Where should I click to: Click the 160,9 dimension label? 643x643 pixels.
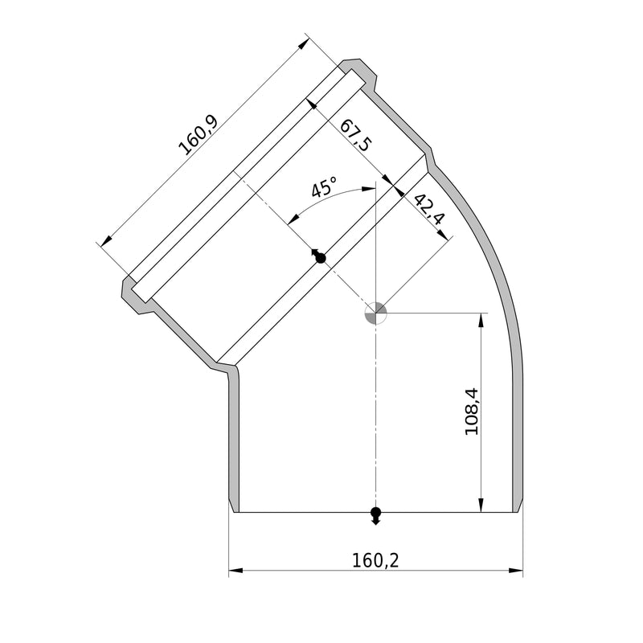pyautogui.click(x=199, y=135)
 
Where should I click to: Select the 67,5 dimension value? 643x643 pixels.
pyautogui.click(x=356, y=135)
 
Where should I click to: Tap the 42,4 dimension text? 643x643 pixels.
pyautogui.click(x=428, y=209)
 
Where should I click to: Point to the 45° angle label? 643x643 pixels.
pyautogui.click(x=324, y=187)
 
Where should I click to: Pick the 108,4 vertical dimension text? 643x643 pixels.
pyautogui.click(x=472, y=412)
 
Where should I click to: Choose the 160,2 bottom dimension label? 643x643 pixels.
pyautogui.click(x=375, y=560)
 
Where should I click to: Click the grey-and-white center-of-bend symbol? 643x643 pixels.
pyautogui.click(x=375, y=313)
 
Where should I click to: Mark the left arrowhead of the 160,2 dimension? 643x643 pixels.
pyautogui.click(x=235, y=570)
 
